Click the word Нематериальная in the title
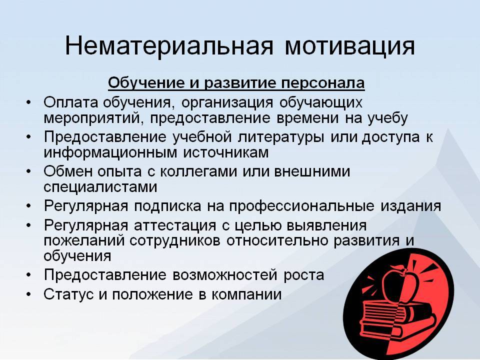pyautogui.click(x=168, y=46)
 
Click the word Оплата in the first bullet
pyautogui.click(x=71, y=102)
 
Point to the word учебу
pyautogui.click(x=387, y=118)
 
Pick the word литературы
pyautogui.click(x=280, y=137)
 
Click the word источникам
pyautogui.click(x=226, y=152)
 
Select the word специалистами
pyautogui.click(x=100, y=187)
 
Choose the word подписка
pyautogui.click(x=167, y=206)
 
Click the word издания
pyautogui.click(x=411, y=206)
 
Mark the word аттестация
pyautogui.click(x=175, y=226)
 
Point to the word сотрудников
pyautogui.click(x=175, y=241)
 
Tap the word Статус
pyautogui.click(x=68, y=294)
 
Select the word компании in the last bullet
pyautogui.click(x=246, y=294)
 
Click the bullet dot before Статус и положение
pyautogui.click(x=28, y=294)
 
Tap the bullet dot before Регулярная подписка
pyautogui.click(x=28, y=206)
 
